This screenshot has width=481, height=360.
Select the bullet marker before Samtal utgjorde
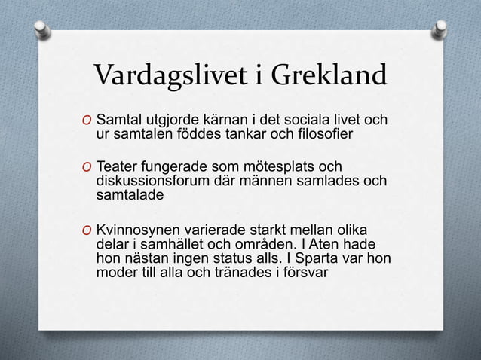(x=87, y=121)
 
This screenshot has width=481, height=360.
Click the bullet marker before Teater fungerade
(x=87, y=166)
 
